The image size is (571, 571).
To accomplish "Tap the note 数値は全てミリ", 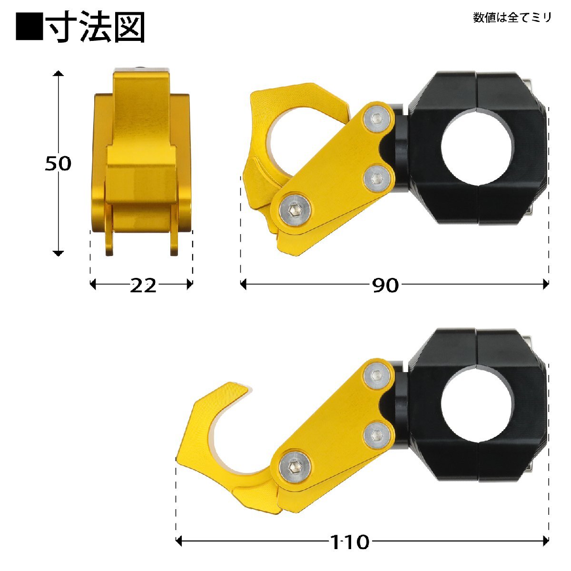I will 512,18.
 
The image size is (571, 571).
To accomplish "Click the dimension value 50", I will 58,163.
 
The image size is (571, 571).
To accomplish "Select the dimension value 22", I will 143,285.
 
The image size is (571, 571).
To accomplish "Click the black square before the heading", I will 29,28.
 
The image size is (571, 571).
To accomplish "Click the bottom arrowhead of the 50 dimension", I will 58,253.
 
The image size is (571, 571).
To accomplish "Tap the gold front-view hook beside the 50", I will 141,162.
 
